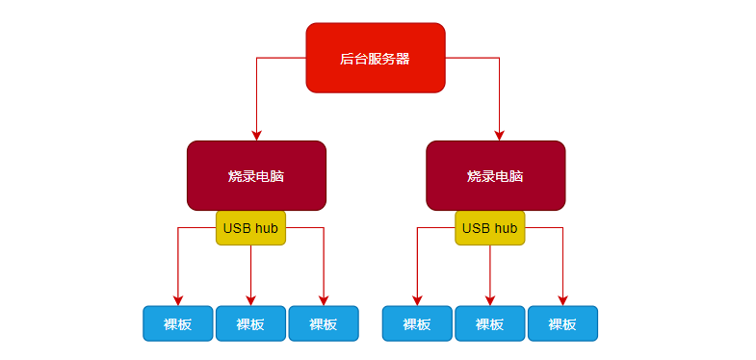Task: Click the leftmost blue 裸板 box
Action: click(x=178, y=323)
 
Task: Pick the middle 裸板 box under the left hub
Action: click(x=250, y=323)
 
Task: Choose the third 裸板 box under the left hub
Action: click(x=324, y=323)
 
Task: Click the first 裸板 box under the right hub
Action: click(x=417, y=323)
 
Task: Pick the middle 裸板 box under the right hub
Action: click(x=489, y=323)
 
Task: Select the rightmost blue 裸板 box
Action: click(x=562, y=323)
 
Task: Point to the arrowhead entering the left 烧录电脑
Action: click(x=256, y=135)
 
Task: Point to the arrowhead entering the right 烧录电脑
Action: click(x=499, y=135)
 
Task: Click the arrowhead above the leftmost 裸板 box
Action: click(x=178, y=299)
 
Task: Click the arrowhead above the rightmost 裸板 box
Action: click(x=562, y=299)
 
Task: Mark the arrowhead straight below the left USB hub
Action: click(x=250, y=299)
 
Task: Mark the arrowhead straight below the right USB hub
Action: click(x=489, y=299)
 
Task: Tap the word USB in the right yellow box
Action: click(x=476, y=228)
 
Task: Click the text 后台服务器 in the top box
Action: click(x=376, y=59)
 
